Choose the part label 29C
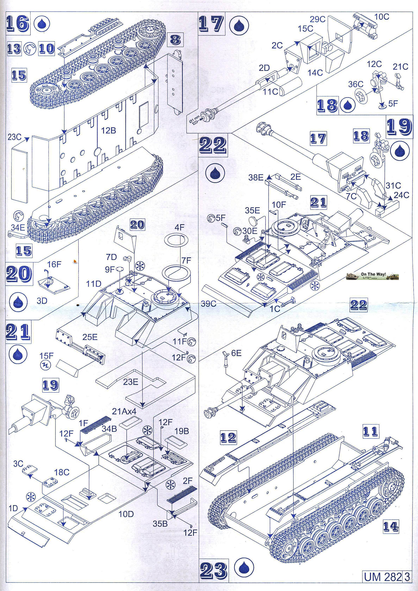click(x=317, y=19)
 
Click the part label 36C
click(x=356, y=84)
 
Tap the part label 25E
click(x=90, y=337)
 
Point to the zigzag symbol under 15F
click(x=46, y=365)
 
